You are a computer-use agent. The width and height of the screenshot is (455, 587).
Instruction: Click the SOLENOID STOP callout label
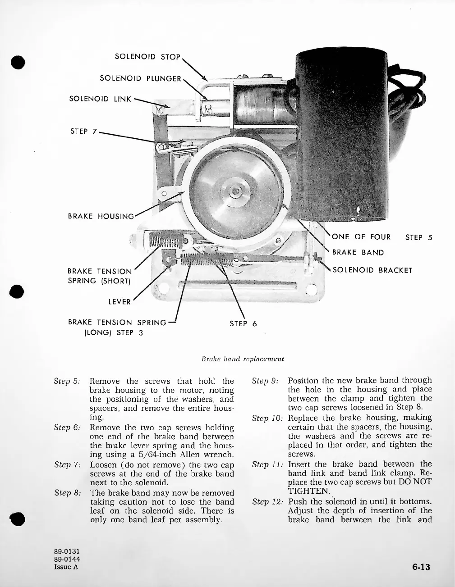point(147,57)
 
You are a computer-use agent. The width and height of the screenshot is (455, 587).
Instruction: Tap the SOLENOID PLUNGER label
point(140,78)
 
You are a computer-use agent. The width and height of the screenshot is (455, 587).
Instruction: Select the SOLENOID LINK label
point(100,99)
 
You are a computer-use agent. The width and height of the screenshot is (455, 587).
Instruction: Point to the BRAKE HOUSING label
point(101,216)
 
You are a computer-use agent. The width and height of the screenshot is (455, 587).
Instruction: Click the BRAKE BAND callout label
point(358,252)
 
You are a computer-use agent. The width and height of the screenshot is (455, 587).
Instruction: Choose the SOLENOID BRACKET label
point(372,270)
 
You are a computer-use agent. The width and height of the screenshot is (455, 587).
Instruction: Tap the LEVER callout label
point(119,302)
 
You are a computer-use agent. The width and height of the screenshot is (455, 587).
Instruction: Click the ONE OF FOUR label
point(361,237)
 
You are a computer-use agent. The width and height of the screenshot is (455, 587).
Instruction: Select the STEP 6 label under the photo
point(243,323)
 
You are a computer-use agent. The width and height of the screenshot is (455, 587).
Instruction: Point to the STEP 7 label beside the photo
point(83,132)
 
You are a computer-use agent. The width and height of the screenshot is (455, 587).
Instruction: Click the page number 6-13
point(421,567)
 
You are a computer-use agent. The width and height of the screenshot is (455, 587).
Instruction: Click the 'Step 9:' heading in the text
point(266,381)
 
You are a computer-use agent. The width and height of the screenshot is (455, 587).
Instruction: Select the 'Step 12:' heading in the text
point(268,501)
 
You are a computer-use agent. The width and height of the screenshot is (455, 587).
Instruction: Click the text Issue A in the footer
point(66,567)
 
